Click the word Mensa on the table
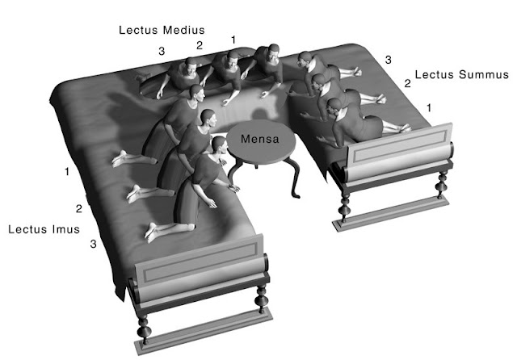click(x=260, y=139)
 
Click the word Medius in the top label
click(x=184, y=30)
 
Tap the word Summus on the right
click(x=484, y=74)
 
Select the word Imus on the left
click(x=66, y=229)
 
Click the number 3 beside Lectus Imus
click(x=94, y=244)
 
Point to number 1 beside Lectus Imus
click(x=67, y=172)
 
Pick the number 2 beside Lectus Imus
click(x=79, y=208)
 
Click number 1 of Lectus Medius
click(x=233, y=40)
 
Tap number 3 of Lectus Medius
click(x=162, y=51)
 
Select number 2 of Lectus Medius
click(x=200, y=45)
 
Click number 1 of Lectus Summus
click(x=429, y=107)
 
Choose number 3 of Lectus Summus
click(x=389, y=60)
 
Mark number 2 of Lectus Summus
click(x=408, y=83)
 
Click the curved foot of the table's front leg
click(x=296, y=195)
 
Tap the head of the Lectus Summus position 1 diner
click(x=334, y=108)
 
